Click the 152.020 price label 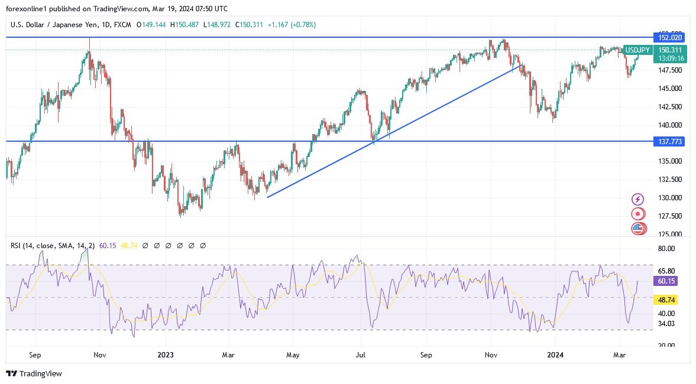click(x=669, y=37)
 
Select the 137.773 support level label click(x=669, y=142)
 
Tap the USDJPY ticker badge click(x=637, y=50)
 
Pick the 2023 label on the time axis click(x=166, y=356)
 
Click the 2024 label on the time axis click(x=555, y=356)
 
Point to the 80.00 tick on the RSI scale click(x=666, y=249)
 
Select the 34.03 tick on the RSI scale click(x=666, y=323)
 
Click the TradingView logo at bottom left click(x=34, y=373)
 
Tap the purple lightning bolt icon click(x=637, y=199)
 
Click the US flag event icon click(x=637, y=229)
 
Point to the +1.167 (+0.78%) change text click(x=292, y=25)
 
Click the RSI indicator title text click(x=52, y=245)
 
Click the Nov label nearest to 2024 click(x=491, y=356)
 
